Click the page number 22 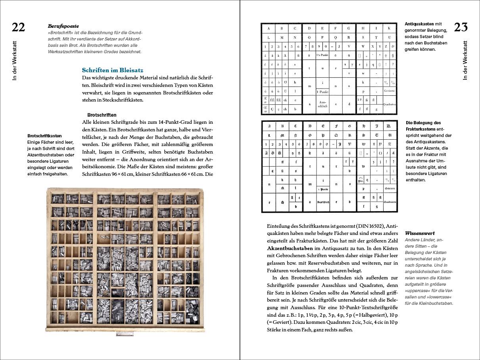pyautogui.click(x=18, y=27)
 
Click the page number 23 pyautogui.click(x=461, y=27)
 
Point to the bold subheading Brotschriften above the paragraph pyautogui.click(x=102, y=115)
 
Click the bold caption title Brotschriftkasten pyautogui.click(x=44, y=136)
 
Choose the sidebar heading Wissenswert pyautogui.click(x=419, y=233)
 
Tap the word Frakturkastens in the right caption pyautogui.click(x=421, y=129)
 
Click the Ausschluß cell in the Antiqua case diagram pyautogui.click(x=323, y=104)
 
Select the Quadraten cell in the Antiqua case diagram pyautogui.click(x=390, y=104)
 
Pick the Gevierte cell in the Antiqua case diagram pyautogui.click(x=390, y=90)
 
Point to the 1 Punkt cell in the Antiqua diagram pyautogui.click(x=323, y=92)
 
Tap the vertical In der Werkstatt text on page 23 pyautogui.click(x=465, y=60)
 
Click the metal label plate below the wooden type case pyautogui.click(x=123, y=334)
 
